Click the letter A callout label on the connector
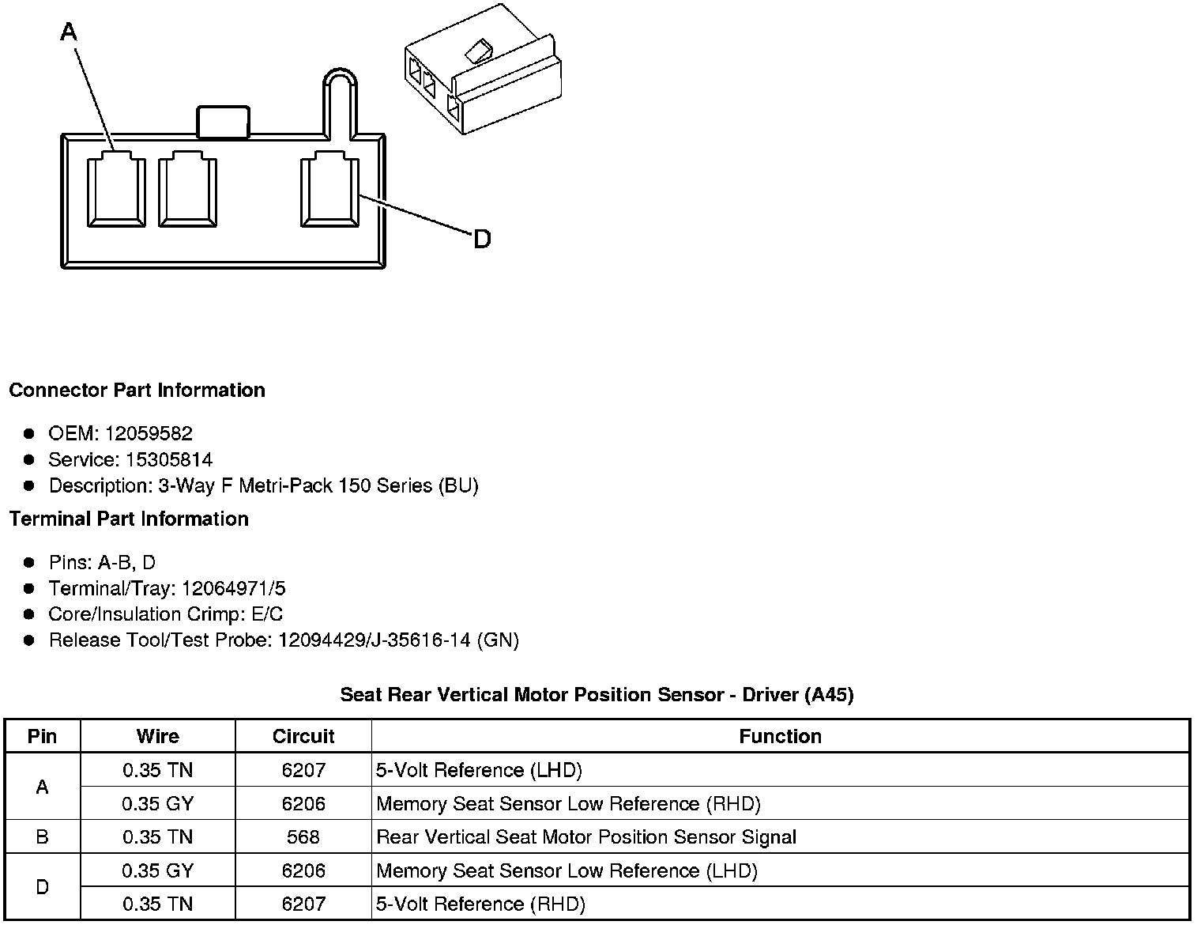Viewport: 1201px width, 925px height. tap(69, 32)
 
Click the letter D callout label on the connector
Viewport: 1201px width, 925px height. tap(481, 238)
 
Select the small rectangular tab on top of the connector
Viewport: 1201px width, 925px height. tap(223, 123)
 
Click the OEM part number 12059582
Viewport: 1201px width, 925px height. tap(149, 433)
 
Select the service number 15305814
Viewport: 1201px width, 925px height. tap(169, 459)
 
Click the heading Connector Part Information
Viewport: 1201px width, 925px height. tap(137, 391)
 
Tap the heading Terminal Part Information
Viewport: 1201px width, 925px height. tap(129, 519)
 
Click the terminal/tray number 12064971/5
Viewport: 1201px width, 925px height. tap(233, 588)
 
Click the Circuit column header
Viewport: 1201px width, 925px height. tap(303, 736)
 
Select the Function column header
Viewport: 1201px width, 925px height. tap(780, 736)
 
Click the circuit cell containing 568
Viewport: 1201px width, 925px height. tap(303, 836)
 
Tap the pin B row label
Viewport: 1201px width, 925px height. tap(42, 836)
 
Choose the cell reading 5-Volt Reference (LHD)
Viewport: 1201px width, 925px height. tap(479, 770)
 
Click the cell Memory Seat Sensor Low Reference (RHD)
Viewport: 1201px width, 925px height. tap(568, 803)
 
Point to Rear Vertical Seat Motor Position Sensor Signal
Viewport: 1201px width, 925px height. tap(586, 836)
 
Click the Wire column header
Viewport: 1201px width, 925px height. tap(157, 736)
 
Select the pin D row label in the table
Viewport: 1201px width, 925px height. tap(42, 887)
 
